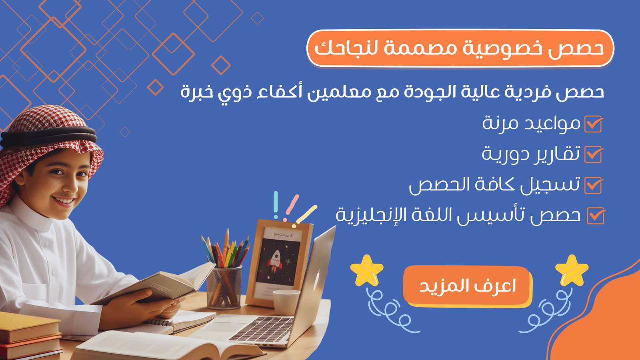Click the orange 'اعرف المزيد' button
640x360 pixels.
(468, 286)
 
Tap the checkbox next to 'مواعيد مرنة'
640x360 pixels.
(594, 124)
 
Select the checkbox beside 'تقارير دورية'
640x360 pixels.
(594, 154)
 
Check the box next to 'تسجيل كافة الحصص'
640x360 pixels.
(594, 186)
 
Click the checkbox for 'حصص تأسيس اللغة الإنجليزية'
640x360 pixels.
(596, 216)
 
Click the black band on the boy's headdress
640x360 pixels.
(48, 136)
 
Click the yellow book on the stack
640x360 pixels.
(28, 326)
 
